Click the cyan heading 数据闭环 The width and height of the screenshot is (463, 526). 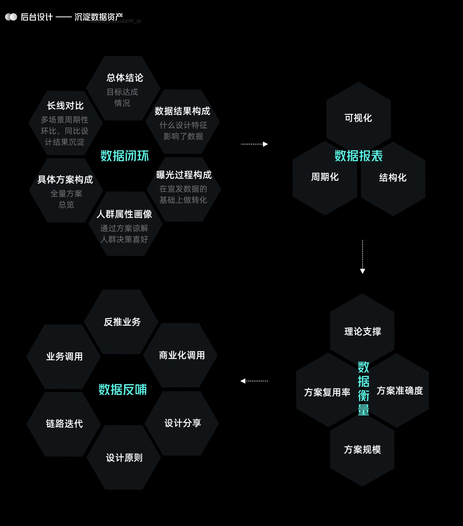tap(125, 156)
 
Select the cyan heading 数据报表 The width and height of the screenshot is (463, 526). tap(359, 156)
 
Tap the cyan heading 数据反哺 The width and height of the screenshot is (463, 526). tap(123, 389)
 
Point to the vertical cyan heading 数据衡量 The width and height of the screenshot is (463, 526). tap(363, 389)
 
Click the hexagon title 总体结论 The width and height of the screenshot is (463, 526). tap(125, 78)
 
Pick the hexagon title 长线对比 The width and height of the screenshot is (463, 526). tap(65, 106)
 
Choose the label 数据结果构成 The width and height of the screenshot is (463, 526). tap(183, 111)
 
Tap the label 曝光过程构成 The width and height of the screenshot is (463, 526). tap(184, 175)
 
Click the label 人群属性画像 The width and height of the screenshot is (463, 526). tap(124, 214)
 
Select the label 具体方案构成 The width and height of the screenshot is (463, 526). tap(65, 180)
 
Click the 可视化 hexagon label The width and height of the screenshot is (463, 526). tap(358, 118)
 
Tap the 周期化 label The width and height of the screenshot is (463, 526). tap(325, 177)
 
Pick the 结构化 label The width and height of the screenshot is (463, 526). tap(393, 177)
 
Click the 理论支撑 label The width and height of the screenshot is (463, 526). tap(363, 332)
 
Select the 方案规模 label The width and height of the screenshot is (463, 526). tap(362, 450)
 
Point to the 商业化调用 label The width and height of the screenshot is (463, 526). tap(182, 355)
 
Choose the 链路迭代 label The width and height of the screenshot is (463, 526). tap(64, 424)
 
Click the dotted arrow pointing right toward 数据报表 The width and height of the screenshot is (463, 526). tap(254, 144)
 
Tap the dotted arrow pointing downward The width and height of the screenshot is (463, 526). tap(363, 257)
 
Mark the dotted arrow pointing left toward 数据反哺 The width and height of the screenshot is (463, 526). tap(254, 381)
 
